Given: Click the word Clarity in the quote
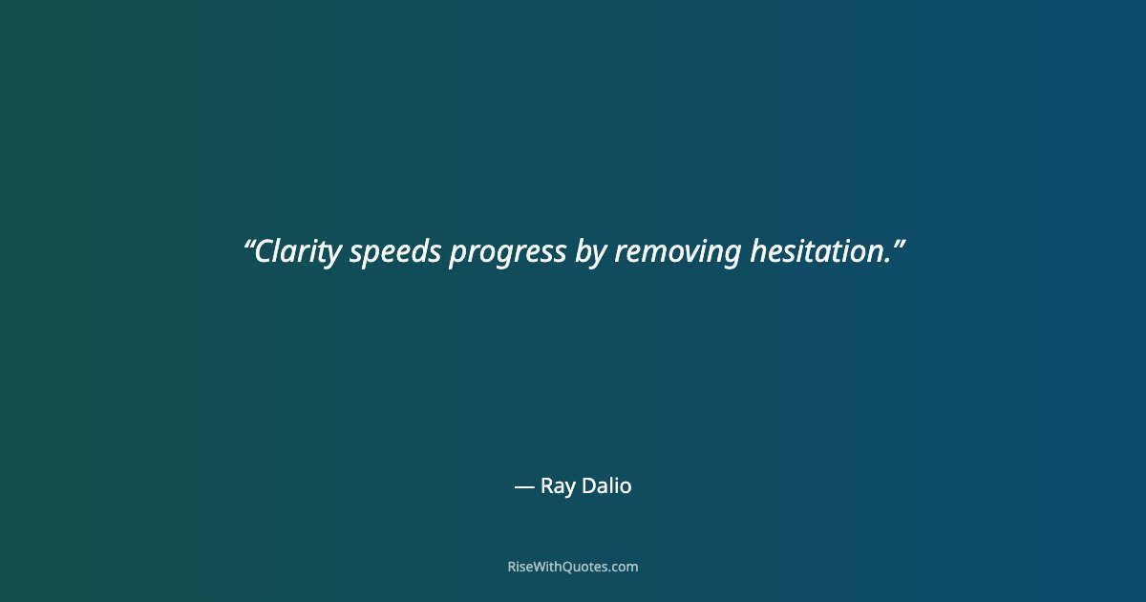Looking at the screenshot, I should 298,251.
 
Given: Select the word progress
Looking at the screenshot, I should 507,253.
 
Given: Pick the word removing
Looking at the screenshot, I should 677,253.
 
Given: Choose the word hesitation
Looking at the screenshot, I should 817,251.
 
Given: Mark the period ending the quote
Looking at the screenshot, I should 888,262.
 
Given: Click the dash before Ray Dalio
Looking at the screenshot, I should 523,486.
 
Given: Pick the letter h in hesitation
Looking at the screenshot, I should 757,251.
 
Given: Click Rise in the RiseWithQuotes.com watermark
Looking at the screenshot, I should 521,567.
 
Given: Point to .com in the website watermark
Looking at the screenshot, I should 625,568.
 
